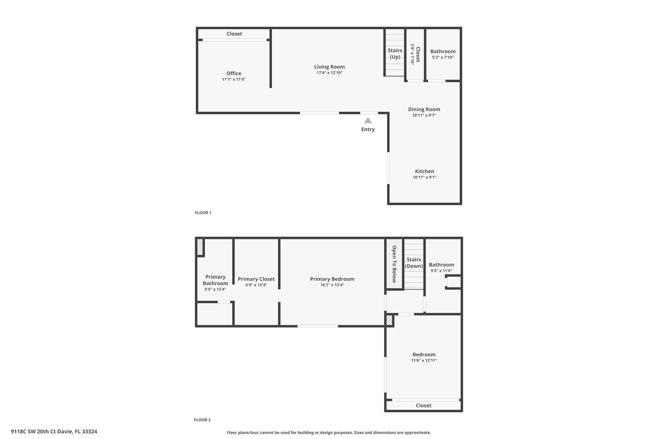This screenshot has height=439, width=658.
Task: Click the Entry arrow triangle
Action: [x=368, y=121]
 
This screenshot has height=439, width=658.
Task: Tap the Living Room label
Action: [x=329, y=67]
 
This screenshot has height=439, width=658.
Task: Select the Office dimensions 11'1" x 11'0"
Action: [x=234, y=79]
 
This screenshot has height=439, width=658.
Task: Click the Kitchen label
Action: [x=424, y=171]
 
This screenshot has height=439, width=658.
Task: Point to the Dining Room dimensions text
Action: [x=424, y=115]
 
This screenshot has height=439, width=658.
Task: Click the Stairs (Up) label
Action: [x=395, y=54]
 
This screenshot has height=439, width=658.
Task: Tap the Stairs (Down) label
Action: [x=414, y=263]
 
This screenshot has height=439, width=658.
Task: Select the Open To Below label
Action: [x=394, y=264]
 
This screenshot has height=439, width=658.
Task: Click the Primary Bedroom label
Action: [x=332, y=279]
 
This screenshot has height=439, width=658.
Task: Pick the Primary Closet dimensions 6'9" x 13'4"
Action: [x=256, y=285]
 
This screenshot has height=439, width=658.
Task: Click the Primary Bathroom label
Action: [x=215, y=280]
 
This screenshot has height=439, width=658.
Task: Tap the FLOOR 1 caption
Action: [x=203, y=213]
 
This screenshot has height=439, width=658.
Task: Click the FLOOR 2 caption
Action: [x=202, y=420]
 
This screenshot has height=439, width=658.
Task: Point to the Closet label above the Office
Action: [x=234, y=34]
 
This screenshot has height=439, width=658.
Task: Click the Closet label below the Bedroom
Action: [x=423, y=406]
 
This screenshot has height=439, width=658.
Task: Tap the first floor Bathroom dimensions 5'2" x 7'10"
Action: [x=443, y=58]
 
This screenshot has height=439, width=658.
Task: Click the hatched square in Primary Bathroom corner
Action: [x=200, y=247]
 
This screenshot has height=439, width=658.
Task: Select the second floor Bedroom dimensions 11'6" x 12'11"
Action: [x=424, y=361]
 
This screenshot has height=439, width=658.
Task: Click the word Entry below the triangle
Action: [x=368, y=129]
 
